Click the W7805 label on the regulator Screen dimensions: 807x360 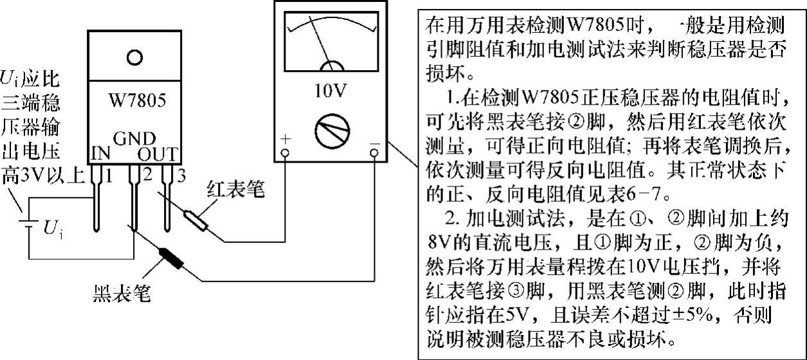coord(134,102)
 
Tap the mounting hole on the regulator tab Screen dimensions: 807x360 coord(134,57)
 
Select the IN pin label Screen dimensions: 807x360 coord(100,155)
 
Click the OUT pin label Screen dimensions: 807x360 coord(158,155)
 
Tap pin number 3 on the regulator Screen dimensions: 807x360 coord(181,174)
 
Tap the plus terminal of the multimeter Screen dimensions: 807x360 coord(285,153)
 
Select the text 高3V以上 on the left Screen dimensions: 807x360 coord(42,175)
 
